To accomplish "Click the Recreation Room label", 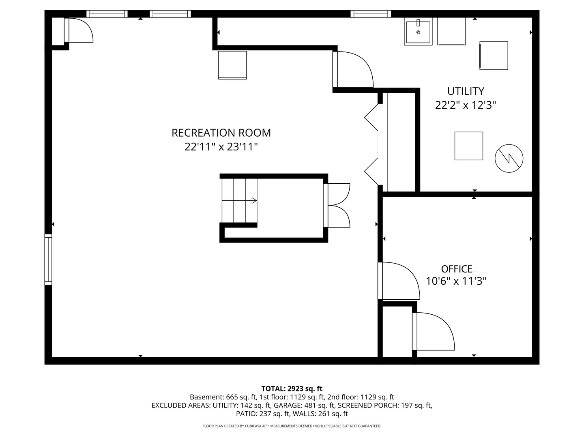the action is [x=221, y=133].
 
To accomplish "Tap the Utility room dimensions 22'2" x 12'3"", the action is [x=465, y=105].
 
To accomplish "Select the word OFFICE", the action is [x=457, y=269].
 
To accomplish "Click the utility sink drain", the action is [x=418, y=32].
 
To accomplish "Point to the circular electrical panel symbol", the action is [x=509, y=159].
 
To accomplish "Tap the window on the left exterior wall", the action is [x=48, y=259].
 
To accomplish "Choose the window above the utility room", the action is [x=371, y=14].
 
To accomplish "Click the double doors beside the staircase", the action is [x=337, y=205].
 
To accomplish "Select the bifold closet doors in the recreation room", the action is [x=371, y=144].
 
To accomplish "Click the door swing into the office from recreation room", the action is [x=399, y=281].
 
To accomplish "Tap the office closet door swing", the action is [x=434, y=331].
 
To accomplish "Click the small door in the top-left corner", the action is [x=79, y=30].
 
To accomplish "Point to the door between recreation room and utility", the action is [x=353, y=69].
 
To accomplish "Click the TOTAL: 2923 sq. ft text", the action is [x=292, y=389].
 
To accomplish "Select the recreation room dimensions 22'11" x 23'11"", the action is [x=221, y=146].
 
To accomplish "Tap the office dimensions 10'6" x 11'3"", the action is [x=456, y=281].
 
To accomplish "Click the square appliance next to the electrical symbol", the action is [x=468, y=146].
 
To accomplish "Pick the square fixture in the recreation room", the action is [x=232, y=65].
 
